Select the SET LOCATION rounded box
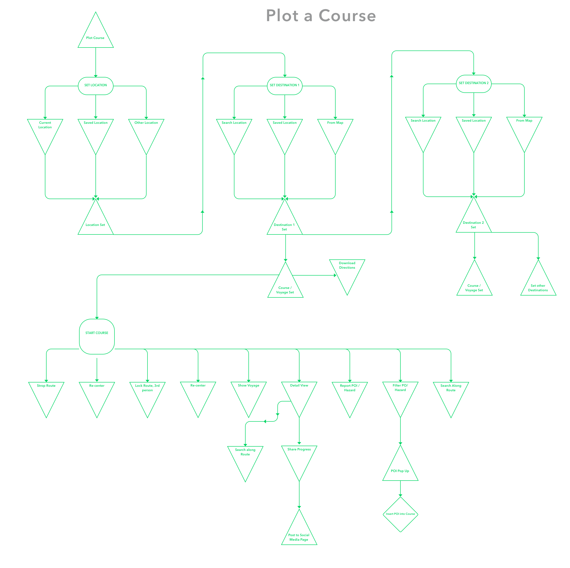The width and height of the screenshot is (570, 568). (x=95, y=86)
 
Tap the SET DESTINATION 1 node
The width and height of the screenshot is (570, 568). (x=285, y=86)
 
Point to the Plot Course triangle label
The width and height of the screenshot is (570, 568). (x=95, y=38)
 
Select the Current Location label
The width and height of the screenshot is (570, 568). (x=45, y=125)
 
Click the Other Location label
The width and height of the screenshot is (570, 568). (x=146, y=123)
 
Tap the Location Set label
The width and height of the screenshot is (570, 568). (x=95, y=225)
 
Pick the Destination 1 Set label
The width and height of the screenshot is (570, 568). (x=284, y=227)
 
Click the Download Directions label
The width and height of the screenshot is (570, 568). (x=347, y=265)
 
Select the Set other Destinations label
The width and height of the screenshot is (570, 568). (x=538, y=288)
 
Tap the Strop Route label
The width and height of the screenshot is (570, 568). (x=46, y=386)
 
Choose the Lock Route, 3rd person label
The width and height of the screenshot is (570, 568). (x=147, y=388)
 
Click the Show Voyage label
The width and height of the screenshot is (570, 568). (x=248, y=385)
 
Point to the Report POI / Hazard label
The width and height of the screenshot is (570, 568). (x=350, y=388)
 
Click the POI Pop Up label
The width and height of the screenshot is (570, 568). (x=400, y=471)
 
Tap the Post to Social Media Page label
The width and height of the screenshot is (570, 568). (x=299, y=537)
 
